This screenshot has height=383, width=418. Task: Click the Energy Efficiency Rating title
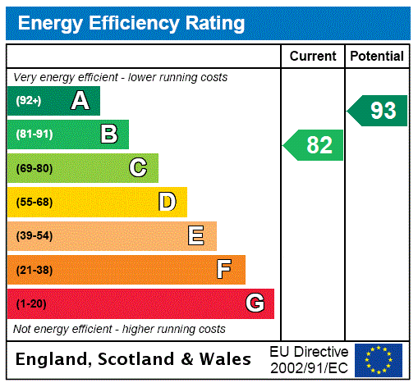tap(131, 24)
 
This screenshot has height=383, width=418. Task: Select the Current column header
tap(313, 57)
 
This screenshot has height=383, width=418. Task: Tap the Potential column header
tap(377, 57)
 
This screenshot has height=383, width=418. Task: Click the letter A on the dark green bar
tap(80, 101)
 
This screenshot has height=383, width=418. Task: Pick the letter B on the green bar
tap(108, 135)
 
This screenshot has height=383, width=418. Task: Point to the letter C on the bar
tap(138, 168)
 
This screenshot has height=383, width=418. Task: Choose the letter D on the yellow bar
tap(167, 202)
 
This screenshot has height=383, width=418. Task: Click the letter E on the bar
tap(196, 236)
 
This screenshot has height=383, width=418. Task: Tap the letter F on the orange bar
tap(224, 270)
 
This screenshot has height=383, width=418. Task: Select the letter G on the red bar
tap(255, 303)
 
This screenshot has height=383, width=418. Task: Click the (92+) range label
tap(29, 101)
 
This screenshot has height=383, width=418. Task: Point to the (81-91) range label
tap(34, 135)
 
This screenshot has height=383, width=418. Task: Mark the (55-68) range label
tap(34, 202)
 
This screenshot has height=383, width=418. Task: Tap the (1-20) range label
tap(31, 303)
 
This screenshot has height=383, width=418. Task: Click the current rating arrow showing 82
tap(315, 145)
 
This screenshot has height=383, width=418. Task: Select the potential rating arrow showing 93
tap(378, 111)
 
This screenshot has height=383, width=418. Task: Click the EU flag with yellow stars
tap(379, 359)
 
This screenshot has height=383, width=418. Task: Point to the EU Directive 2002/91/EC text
tap(309, 359)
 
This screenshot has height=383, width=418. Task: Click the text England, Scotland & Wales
tap(134, 359)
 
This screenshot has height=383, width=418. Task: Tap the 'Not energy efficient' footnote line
tap(120, 329)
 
